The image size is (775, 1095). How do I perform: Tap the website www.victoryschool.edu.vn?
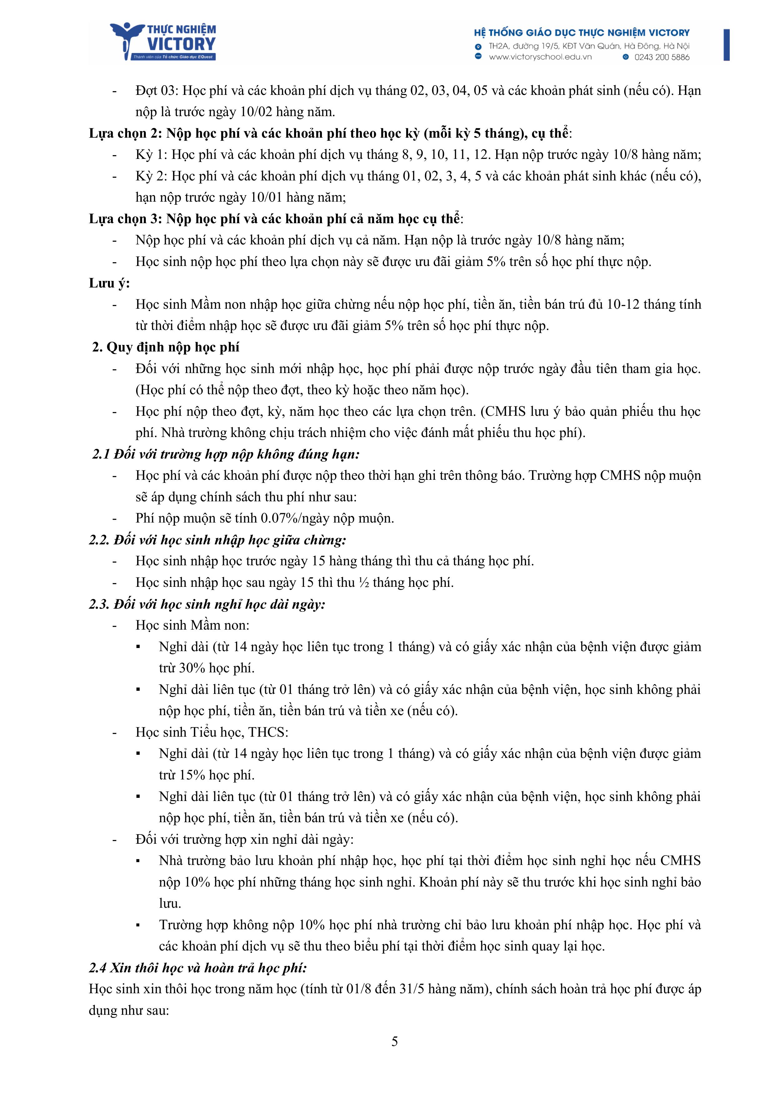540,57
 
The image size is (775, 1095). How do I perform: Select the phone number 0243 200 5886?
661,57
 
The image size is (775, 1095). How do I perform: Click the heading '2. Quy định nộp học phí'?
165,347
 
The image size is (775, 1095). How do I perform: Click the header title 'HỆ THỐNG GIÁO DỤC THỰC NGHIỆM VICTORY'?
582,33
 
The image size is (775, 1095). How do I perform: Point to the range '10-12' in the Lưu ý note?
623,305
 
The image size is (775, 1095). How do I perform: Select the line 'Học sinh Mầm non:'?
192,625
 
